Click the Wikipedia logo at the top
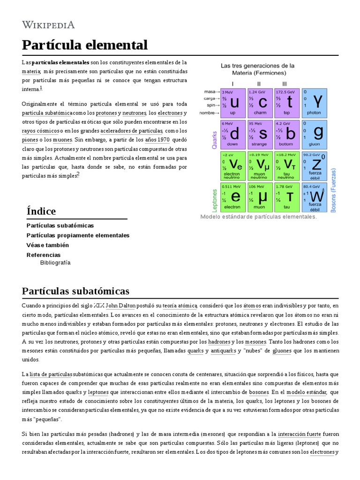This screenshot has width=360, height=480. point(49,25)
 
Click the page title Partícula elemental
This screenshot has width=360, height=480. point(85,45)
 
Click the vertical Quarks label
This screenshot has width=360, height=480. point(215,140)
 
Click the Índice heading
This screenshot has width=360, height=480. point(41,211)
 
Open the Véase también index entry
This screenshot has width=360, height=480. point(48,245)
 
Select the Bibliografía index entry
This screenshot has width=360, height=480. point(55,262)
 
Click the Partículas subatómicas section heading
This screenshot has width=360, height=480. point(75,291)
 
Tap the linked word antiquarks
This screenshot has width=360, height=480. point(223,351)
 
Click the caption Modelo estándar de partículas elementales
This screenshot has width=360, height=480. point(258,217)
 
